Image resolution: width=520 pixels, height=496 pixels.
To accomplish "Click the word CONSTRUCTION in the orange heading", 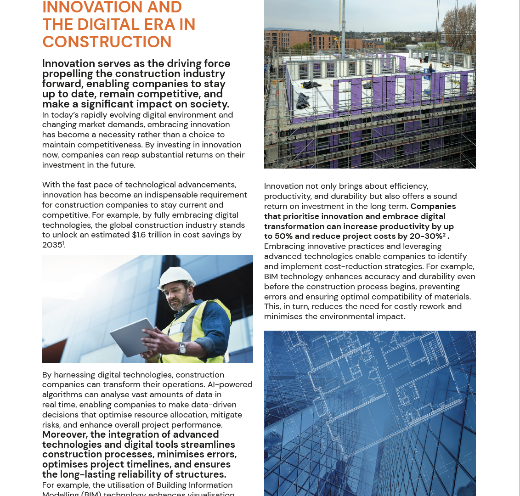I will [107, 42].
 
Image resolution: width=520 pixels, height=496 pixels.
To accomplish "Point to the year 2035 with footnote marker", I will [53, 245].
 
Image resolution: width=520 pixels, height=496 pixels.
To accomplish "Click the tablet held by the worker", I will [133, 338].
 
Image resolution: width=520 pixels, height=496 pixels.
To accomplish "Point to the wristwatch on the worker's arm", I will [182, 349].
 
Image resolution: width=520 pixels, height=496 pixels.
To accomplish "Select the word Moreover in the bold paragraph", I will [64, 434].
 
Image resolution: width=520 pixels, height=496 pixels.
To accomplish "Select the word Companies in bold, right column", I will [433, 206].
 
